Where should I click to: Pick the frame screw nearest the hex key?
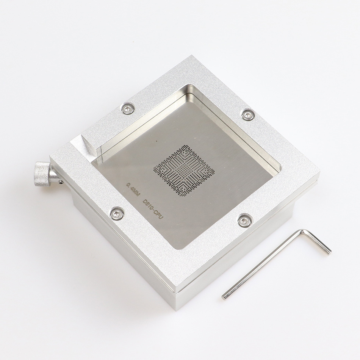(x=245, y=220)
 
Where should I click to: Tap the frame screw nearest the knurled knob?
(x=117, y=213)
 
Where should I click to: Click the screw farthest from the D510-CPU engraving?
(x=248, y=114)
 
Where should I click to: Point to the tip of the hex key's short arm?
(x=329, y=251)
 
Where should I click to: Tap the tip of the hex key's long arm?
(x=224, y=297)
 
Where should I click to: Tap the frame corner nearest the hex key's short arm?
(x=318, y=178)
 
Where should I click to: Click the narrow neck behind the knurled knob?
(x=53, y=176)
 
